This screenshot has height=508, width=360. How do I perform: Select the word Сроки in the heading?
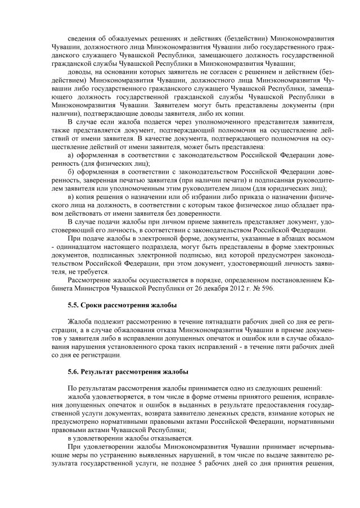tap(93, 305)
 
